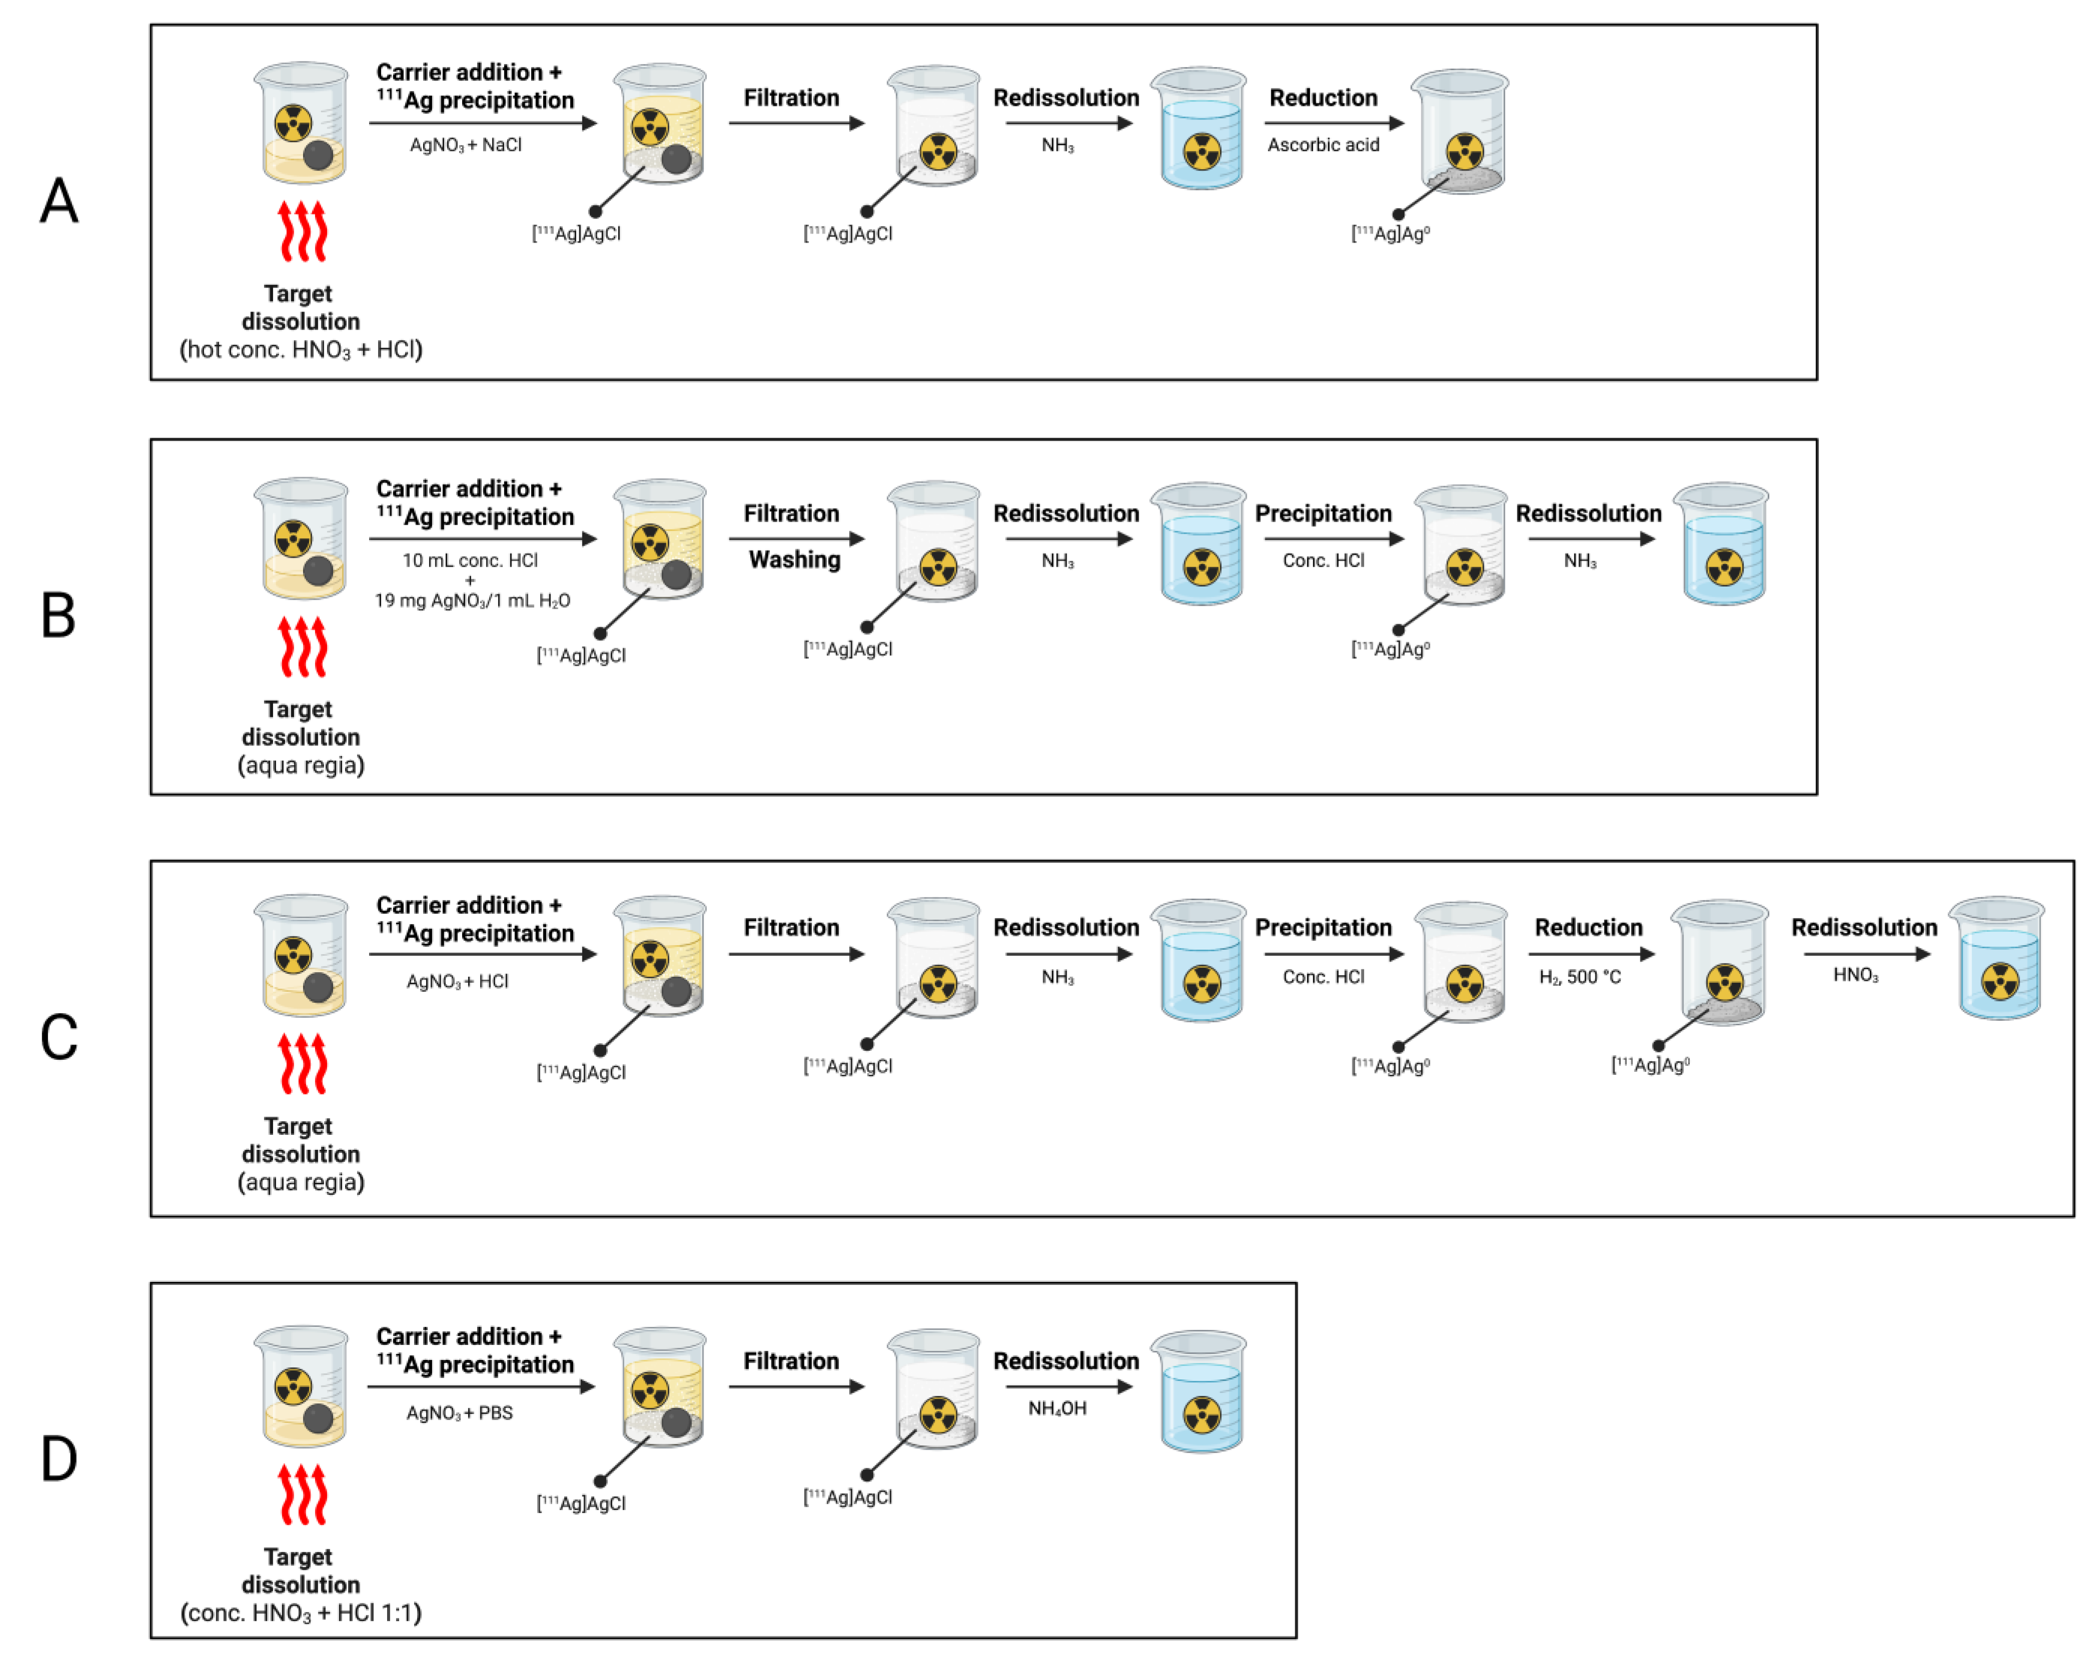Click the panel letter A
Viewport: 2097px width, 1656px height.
[x=58, y=201]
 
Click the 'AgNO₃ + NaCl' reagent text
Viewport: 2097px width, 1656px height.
[x=465, y=145]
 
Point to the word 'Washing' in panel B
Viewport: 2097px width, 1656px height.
[x=794, y=560]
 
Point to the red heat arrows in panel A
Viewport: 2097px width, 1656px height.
[x=303, y=231]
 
